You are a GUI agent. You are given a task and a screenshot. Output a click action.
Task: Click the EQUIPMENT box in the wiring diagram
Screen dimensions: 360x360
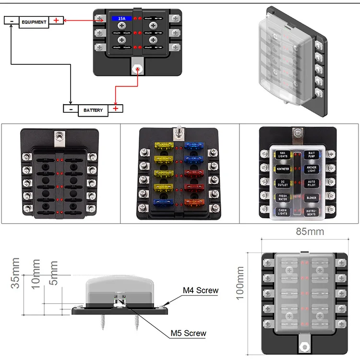(34, 22)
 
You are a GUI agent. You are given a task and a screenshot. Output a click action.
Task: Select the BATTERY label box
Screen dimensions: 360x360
(93, 110)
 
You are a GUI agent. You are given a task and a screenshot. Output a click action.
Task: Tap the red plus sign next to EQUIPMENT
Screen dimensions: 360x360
(56, 21)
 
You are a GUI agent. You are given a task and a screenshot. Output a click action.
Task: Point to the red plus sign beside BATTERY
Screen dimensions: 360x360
(116, 108)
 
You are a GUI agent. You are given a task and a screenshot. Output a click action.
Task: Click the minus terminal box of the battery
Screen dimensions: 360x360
(71, 109)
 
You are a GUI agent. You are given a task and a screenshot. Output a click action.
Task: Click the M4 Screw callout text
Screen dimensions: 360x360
(201, 290)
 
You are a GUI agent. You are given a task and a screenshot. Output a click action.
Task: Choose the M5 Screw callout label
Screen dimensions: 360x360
(189, 333)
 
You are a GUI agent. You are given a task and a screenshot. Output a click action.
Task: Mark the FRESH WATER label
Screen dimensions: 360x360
(282, 197)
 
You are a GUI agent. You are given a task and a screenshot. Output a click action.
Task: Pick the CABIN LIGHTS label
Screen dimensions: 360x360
(282, 212)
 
